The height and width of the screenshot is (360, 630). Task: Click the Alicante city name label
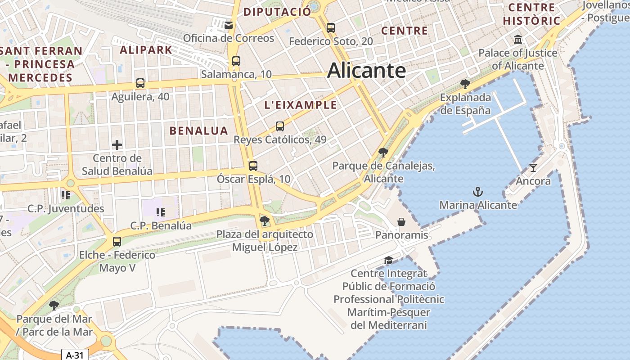point(366,71)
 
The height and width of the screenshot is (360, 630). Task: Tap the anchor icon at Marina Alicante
point(477,192)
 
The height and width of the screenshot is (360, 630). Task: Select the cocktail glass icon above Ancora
point(533,168)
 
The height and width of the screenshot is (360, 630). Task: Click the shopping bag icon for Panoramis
point(401,222)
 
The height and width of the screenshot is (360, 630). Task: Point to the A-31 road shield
point(75,355)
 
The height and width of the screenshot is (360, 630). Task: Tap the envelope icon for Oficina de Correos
point(229,25)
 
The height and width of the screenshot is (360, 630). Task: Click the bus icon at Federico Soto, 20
point(331,28)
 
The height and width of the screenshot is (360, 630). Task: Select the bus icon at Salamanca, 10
point(236,61)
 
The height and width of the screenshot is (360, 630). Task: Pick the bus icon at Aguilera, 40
point(140,83)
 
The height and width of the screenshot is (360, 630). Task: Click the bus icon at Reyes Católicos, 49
point(280,126)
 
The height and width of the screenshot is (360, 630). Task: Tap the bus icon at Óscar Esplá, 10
point(253,166)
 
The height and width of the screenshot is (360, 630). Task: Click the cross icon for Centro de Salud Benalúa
point(117,145)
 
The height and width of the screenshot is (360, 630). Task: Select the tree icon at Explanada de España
point(465,84)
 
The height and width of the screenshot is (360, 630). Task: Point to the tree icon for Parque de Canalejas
point(383,153)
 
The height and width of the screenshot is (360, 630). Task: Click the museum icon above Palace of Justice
point(517,39)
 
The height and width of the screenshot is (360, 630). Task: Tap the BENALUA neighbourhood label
point(198,130)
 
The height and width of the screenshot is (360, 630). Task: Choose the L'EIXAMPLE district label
point(301,105)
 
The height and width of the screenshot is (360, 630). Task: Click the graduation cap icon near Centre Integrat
point(388,261)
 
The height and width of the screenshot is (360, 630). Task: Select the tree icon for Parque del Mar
point(54,306)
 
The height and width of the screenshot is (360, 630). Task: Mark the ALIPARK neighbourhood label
point(146,49)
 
